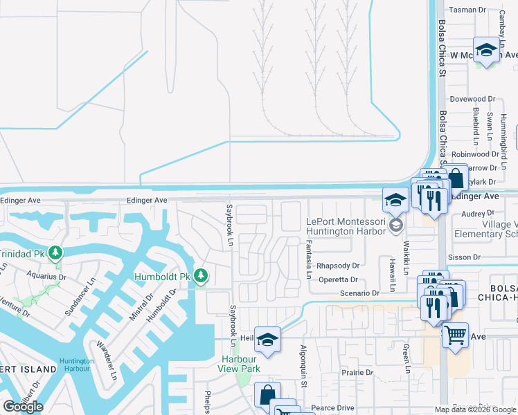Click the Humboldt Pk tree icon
(201, 276)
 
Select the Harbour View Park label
(240, 364)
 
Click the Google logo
(23, 406)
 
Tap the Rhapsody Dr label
(338, 266)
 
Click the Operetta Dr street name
(338, 280)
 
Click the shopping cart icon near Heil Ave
(455, 335)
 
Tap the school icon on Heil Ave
(267, 339)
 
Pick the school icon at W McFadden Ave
(487, 49)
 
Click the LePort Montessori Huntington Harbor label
(345, 226)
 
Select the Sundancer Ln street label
(77, 297)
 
